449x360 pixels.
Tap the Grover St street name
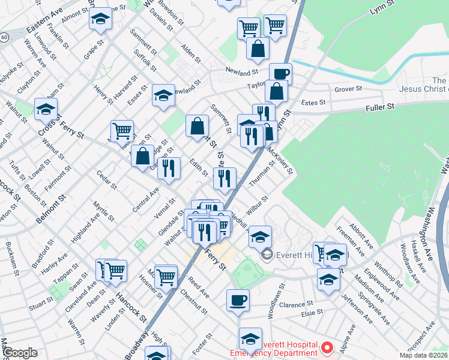348,89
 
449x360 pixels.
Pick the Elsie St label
312,312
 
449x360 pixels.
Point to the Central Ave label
146,200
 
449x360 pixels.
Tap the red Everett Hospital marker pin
327,347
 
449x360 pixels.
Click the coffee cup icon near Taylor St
280,74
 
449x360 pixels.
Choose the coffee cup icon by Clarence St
238,300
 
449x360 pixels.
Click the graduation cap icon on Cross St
46,109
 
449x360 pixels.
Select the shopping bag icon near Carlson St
143,157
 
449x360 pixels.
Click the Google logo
20,353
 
